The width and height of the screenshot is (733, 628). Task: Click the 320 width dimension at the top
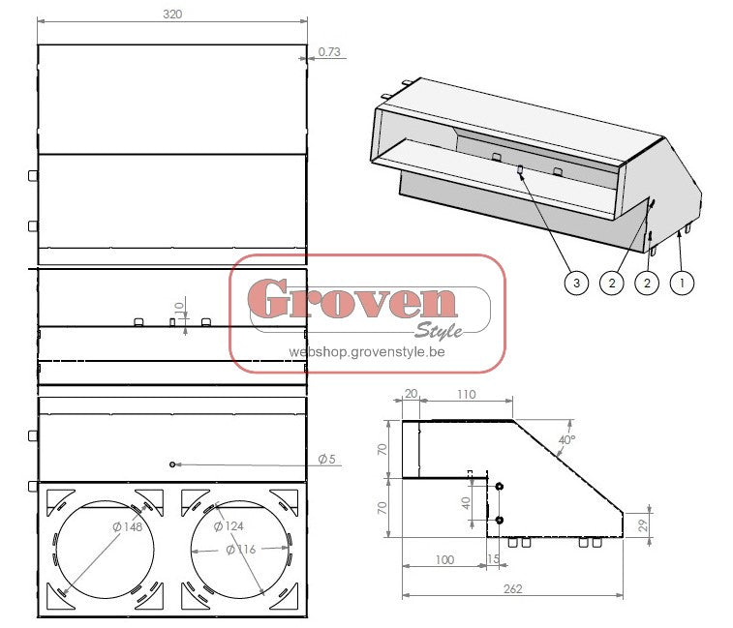coord(172,15)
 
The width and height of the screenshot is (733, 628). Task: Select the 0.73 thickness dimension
coord(329,52)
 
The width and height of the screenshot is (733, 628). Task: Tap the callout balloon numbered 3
coord(576,283)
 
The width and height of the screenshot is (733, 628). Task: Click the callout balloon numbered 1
coord(684,283)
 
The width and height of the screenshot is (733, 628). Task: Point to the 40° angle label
coord(567,439)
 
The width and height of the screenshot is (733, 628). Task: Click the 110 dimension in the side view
coord(467,395)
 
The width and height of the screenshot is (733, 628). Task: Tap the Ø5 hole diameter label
coord(326,459)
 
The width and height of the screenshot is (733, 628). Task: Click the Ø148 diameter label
coord(128,527)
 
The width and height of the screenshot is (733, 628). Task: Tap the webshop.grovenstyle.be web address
coord(367,353)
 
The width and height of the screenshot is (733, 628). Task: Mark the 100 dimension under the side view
coord(443,560)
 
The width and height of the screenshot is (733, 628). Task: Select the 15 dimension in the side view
coord(495,560)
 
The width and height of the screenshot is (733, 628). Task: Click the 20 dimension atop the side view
coord(410,395)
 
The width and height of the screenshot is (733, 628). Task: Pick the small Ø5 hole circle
coord(172,464)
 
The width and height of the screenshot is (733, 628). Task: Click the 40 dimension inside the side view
coord(465,502)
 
